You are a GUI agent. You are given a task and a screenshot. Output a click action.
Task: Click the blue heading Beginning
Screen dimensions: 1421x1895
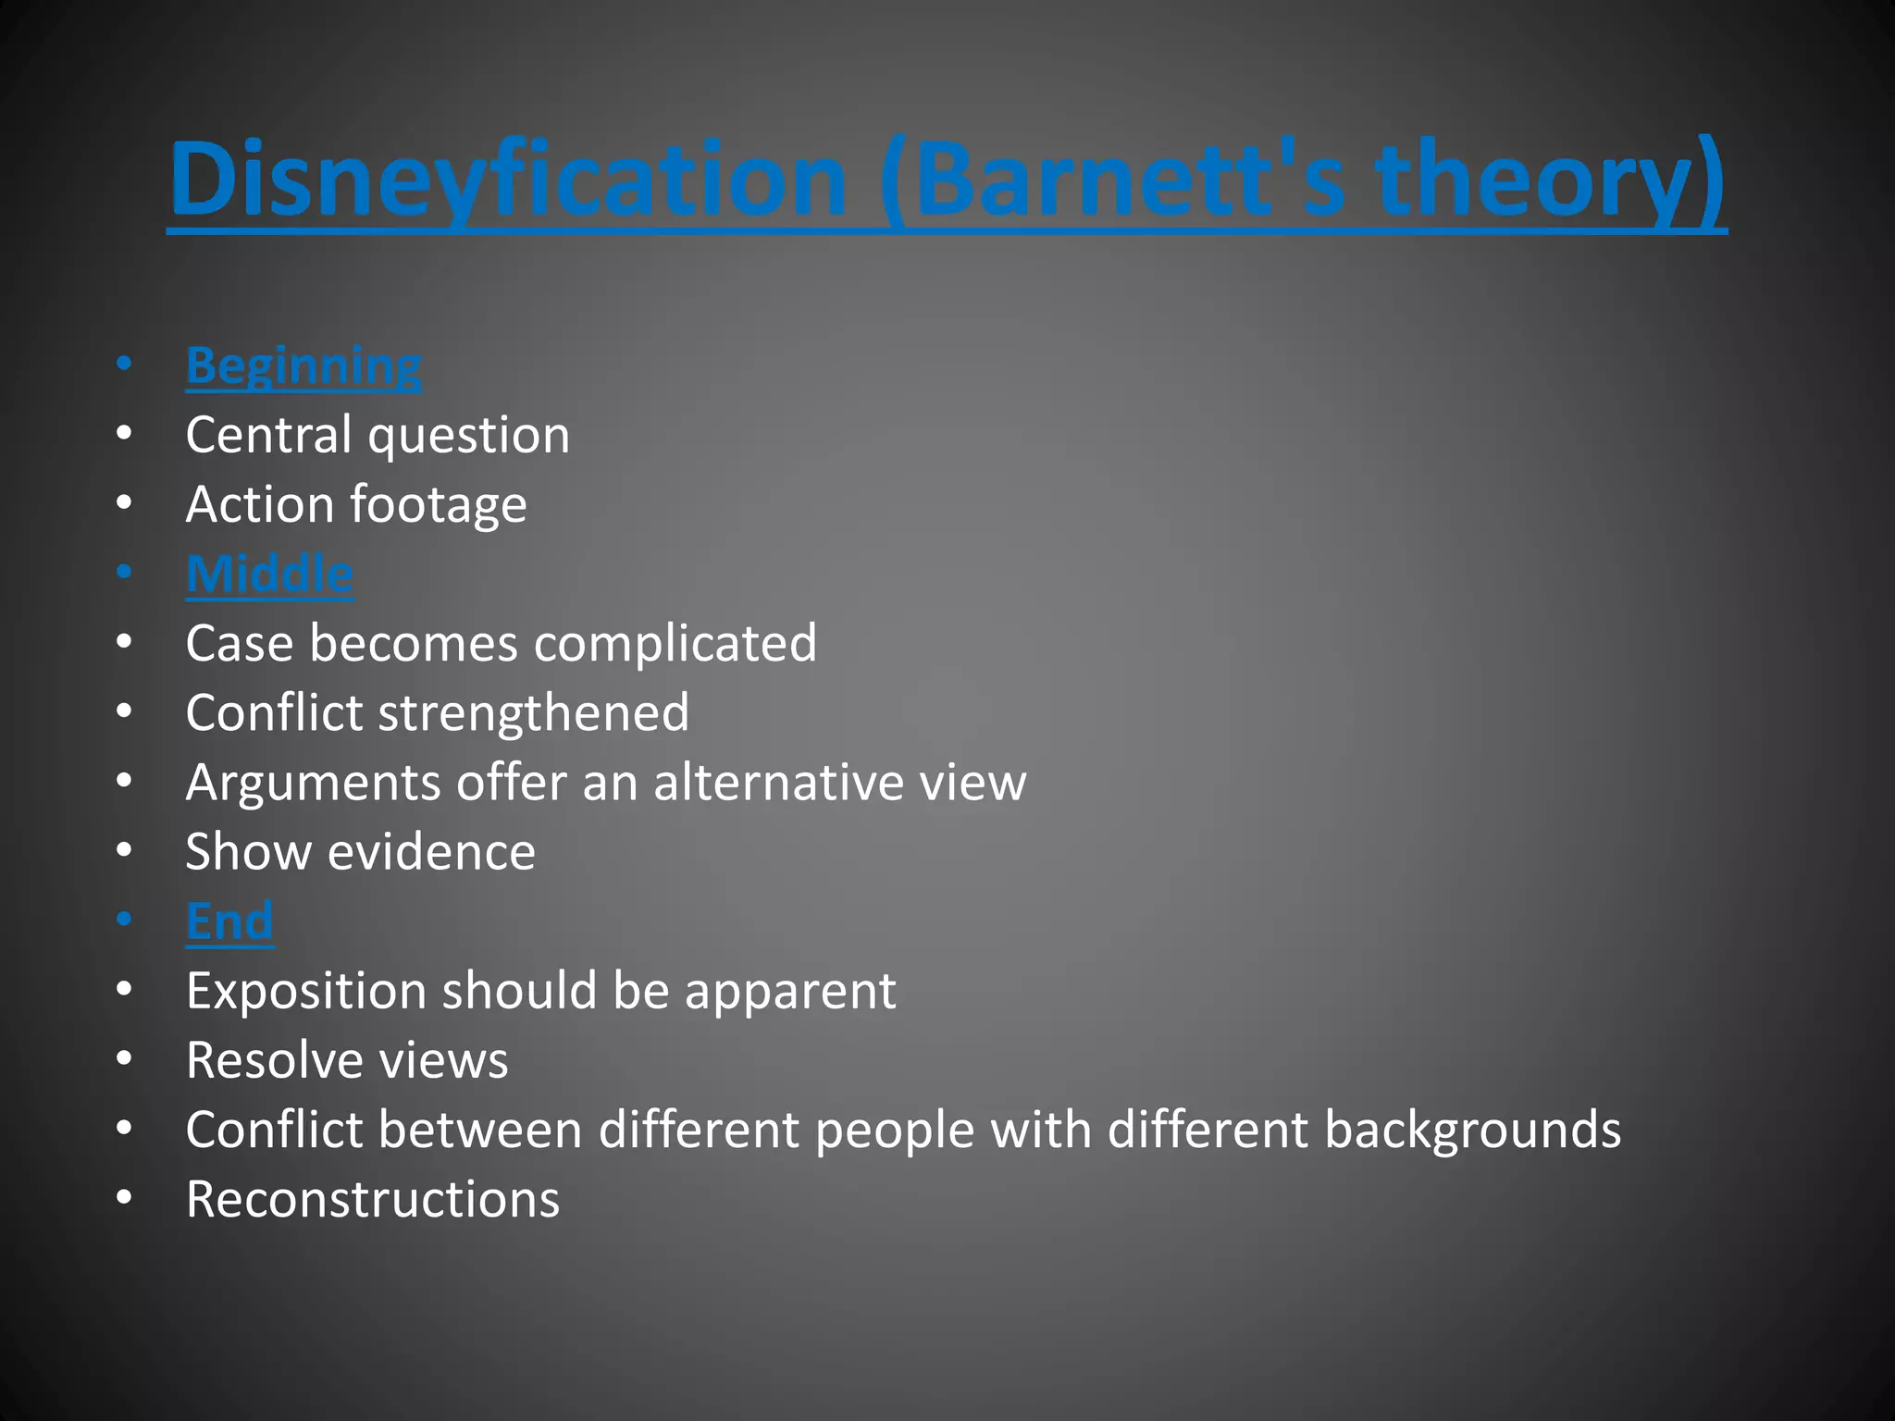pyautogui.click(x=303, y=366)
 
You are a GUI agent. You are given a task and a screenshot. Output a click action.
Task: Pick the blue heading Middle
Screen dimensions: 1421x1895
pyautogui.click(x=269, y=574)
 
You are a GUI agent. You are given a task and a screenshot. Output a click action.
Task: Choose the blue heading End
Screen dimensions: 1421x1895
pyautogui.click(x=229, y=921)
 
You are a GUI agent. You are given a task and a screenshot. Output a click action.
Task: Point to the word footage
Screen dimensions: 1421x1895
pyautogui.click(x=439, y=506)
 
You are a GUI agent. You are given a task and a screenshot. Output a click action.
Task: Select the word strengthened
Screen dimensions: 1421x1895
pyautogui.click(x=534, y=713)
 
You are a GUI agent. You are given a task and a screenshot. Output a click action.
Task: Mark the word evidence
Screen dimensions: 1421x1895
pyautogui.click(x=431, y=852)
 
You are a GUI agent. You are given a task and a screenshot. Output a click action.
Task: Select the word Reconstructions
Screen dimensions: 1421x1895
pyautogui.click(x=372, y=1200)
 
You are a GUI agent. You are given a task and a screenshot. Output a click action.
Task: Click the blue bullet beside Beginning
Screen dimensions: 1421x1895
pyautogui.click(x=124, y=364)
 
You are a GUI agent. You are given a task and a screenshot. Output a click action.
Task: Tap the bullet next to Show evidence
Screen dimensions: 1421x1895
pyautogui.click(x=124, y=850)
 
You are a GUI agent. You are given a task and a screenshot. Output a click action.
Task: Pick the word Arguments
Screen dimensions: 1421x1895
pyautogui.click(x=312, y=784)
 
